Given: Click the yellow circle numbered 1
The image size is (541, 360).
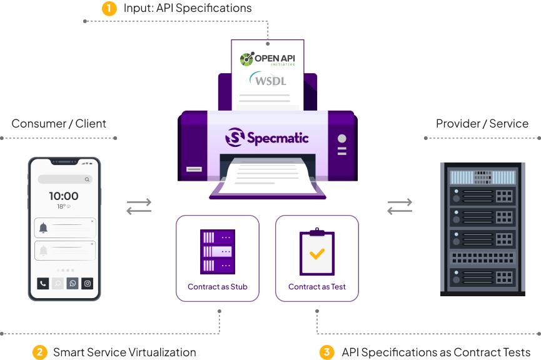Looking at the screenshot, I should tap(109, 9).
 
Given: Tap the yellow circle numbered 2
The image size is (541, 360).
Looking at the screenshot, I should tap(39, 352).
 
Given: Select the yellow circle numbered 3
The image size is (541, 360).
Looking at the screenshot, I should tap(326, 352).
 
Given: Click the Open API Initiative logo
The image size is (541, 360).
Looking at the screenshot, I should tap(268, 59).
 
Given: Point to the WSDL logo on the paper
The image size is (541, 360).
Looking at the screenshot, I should tap(268, 81).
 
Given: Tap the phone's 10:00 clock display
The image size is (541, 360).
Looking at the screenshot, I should tap(64, 196).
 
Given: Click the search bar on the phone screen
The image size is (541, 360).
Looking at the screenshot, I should tap(64, 179).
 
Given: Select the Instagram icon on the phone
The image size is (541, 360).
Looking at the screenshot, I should tap(87, 283).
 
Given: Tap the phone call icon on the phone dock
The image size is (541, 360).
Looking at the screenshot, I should tap(42, 283).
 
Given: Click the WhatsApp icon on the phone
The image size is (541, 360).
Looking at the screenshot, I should tap(73, 283).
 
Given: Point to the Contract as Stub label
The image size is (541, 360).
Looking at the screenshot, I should tap(218, 287).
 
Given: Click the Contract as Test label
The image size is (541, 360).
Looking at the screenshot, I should tap(317, 287).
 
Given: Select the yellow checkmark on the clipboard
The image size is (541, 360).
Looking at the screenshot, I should tap(317, 254).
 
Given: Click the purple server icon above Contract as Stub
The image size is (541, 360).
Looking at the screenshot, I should tap(218, 251).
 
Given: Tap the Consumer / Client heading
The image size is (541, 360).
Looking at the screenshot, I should tap(59, 123).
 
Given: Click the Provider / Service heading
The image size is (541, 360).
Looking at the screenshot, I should tap(482, 123).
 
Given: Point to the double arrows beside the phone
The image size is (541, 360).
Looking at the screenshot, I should tap(139, 206).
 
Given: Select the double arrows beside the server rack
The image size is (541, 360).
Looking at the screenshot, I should tap(400, 206).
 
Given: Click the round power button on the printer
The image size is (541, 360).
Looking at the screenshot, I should tap(341, 138).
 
